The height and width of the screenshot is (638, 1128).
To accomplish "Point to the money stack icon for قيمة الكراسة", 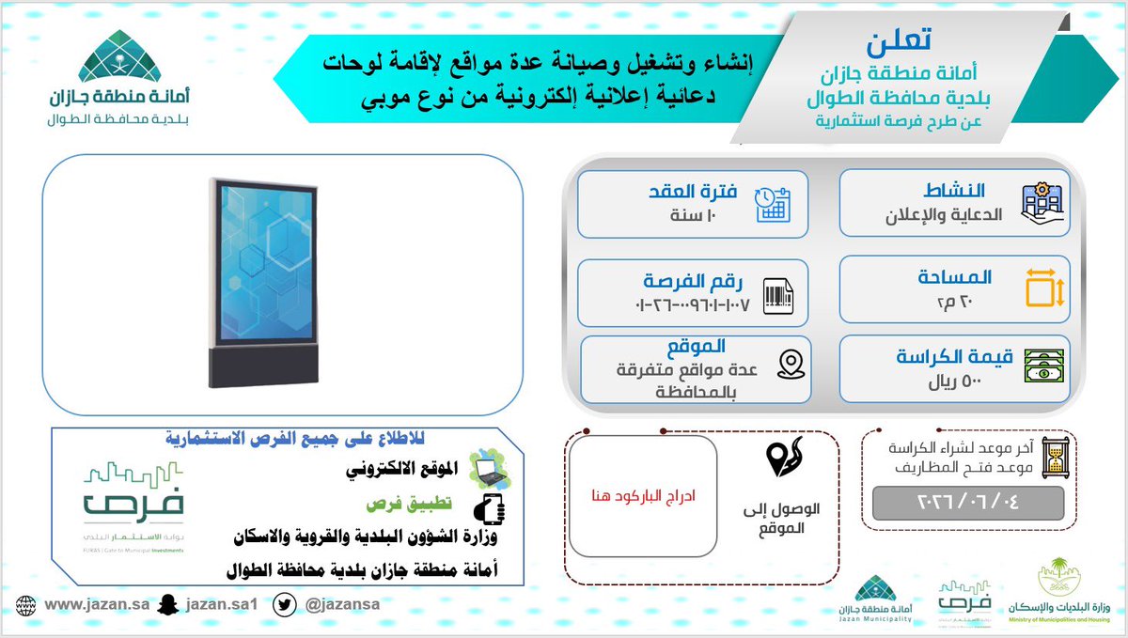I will (1043, 366).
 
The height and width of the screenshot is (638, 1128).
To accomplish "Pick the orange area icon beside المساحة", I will (1043, 288).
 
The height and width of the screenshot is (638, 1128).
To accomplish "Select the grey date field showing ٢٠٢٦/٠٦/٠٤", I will (967, 503).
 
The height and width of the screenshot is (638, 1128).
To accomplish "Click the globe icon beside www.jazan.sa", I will (26, 604).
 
